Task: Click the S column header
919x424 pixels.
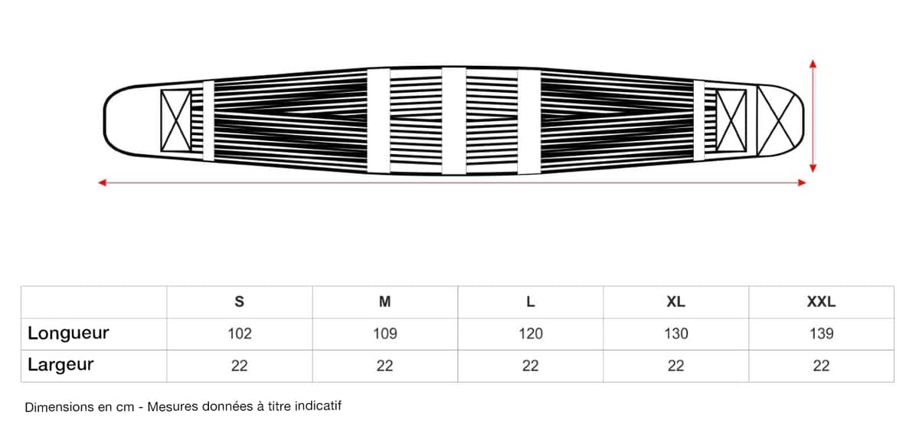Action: tap(239, 302)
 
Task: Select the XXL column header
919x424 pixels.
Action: tap(821, 302)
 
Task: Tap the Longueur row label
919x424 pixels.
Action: tap(68, 334)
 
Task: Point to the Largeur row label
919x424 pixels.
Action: tap(61, 365)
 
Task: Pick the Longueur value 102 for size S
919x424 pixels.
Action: tap(239, 334)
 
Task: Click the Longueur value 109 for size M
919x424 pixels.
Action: tap(384, 334)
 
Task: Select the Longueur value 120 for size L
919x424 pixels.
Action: tap(530, 334)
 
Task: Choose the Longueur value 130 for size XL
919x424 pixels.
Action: tap(675, 334)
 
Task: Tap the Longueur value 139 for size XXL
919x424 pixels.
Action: tap(821, 334)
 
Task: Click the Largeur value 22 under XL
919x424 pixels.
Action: tap(675, 366)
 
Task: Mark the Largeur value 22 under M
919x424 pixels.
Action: tap(384, 366)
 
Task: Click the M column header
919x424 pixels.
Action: tap(384, 302)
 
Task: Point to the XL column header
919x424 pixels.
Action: tap(675, 302)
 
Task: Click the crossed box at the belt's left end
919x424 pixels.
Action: tap(175, 120)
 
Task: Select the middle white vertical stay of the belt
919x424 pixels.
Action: tap(453, 120)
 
